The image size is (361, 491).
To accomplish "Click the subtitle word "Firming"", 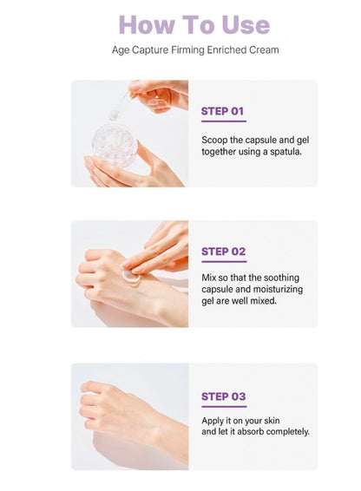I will click(188, 49).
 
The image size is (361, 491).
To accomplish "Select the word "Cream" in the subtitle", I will click(262, 49).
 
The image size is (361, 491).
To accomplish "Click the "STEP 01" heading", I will click(223, 111).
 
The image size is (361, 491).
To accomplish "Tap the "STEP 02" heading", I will click(224, 252).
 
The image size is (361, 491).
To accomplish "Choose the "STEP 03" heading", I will click(224, 396).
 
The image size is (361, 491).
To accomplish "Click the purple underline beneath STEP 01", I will click(223, 121).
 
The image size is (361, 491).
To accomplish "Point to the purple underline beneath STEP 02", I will click(224, 262).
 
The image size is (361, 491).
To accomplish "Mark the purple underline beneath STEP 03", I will click(224, 407).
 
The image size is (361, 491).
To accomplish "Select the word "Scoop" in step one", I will click(216, 139).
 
